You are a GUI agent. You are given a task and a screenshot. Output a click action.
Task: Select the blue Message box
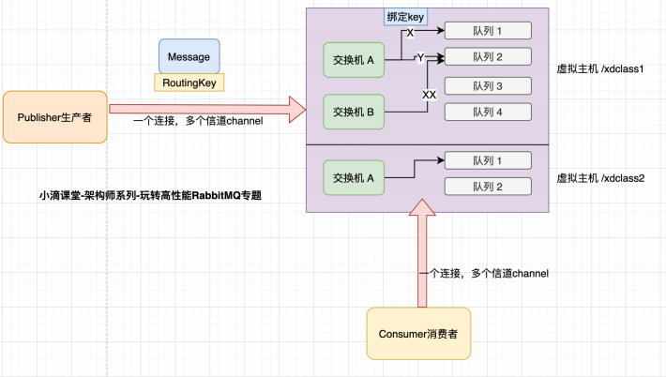[x=189, y=56]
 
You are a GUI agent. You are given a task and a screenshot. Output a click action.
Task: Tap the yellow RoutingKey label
[x=189, y=83]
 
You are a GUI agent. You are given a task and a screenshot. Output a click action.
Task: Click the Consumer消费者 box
[x=418, y=333]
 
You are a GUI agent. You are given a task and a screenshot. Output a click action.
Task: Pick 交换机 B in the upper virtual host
[x=353, y=113]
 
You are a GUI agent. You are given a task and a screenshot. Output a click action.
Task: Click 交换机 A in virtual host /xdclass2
[x=353, y=176]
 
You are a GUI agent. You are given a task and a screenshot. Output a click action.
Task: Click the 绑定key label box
[x=404, y=17]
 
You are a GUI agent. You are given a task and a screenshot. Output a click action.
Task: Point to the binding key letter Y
[x=421, y=58]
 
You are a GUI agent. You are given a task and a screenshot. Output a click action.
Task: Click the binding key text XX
[x=429, y=95]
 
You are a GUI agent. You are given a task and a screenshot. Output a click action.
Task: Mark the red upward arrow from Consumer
[x=418, y=253]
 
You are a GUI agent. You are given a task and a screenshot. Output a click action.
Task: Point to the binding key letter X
[x=410, y=33]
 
